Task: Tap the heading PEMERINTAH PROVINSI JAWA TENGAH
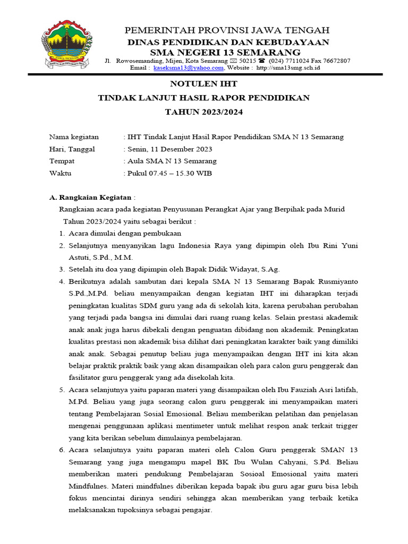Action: pos(227,30)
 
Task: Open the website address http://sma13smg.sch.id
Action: pos(288,68)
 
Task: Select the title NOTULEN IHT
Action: pos(203,84)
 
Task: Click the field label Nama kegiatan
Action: pos(74,137)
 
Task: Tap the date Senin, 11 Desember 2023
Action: pos(169,149)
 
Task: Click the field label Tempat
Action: pos(62,161)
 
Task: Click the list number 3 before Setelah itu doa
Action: pos(62,269)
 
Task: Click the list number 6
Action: pos(62,450)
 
